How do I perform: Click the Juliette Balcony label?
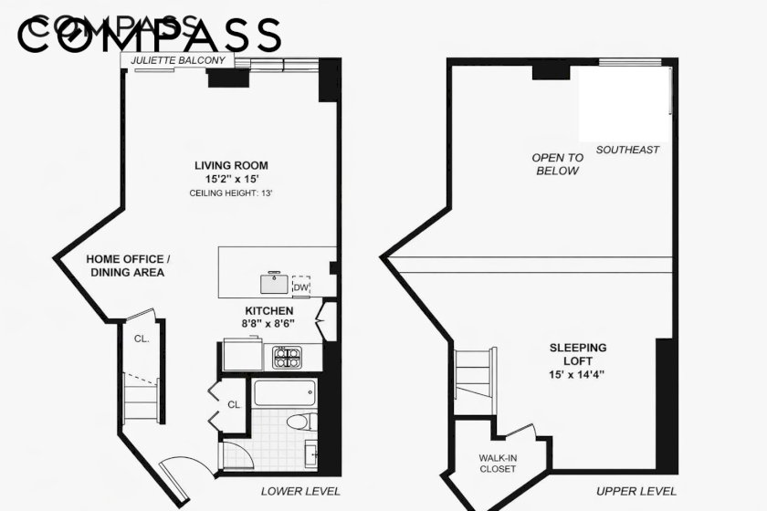[178, 60]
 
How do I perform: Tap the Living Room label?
[231, 165]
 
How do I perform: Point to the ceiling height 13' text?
[231, 193]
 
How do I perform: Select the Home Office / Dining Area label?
[128, 266]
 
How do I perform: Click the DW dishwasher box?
[300, 287]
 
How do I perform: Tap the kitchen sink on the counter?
[275, 283]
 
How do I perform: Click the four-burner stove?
[287, 357]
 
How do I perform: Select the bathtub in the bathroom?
[285, 392]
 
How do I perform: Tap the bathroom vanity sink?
[311, 454]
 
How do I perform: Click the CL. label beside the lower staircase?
[142, 339]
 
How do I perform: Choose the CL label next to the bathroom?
[234, 404]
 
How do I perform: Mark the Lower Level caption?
[300, 492]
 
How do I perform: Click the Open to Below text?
[558, 164]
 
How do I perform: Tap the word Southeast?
[627, 150]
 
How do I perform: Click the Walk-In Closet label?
[498, 464]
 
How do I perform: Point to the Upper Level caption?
[636, 492]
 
